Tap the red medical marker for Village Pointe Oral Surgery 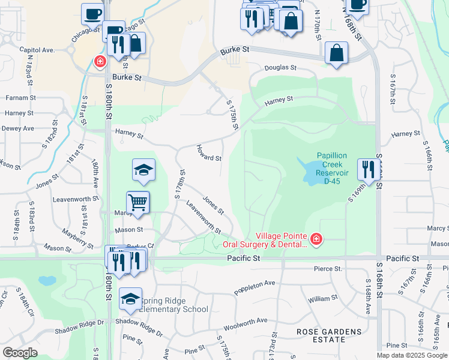(316, 241)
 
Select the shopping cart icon (138, 203)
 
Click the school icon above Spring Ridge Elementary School (130, 299)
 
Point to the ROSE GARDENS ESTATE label (330, 336)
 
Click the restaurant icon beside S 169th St (367, 169)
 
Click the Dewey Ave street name (18, 128)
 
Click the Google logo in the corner (20, 353)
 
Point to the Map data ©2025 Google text (412, 355)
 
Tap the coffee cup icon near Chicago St (93, 13)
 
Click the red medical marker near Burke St (99, 61)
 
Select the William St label (323, 298)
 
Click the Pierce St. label (328, 269)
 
